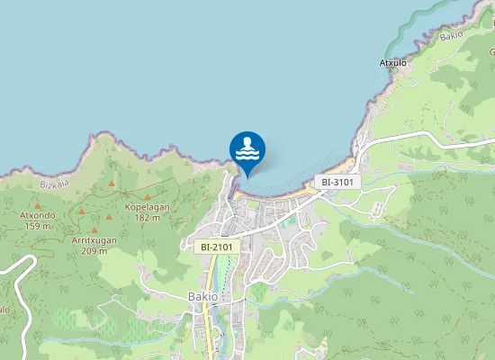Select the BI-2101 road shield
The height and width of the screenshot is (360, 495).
[x=216, y=246]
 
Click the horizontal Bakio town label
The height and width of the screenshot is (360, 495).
[x=203, y=296]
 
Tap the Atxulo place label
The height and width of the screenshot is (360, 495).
[x=394, y=63]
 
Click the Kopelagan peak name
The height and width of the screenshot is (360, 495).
[x=147, y=206]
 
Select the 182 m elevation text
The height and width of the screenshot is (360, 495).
[x=148, y=217]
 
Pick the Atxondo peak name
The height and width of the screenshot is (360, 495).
[x=38, y=215]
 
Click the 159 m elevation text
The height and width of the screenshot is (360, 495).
[x=39, y=226]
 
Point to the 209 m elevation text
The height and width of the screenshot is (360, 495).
[x=94, y=251]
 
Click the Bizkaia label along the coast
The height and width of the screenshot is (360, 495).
[x=55, y=184]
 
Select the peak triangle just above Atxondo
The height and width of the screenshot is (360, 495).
[x=39, y=204]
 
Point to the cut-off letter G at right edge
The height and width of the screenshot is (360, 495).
[x=491, y=52]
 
